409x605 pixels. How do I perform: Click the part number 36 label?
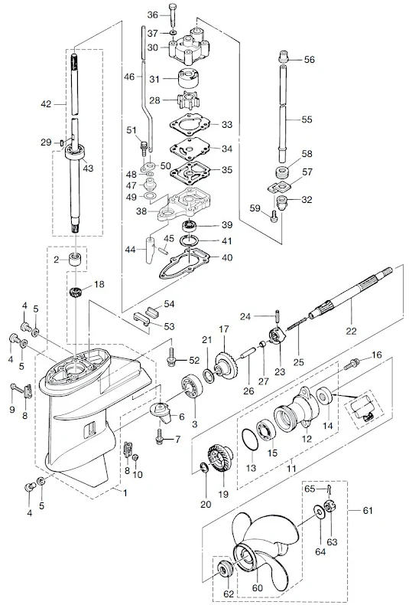pyautogui.click(x=153, y=15)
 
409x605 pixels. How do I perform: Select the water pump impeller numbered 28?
pyautogui.click(x=187, y=100)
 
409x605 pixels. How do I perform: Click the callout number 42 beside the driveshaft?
pyautogui.click(x=46, y=104)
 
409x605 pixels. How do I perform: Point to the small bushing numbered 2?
pyautogui.click(x=76, y=260)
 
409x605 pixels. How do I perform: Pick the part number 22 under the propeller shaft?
pyautogui.click(x=351, y=331)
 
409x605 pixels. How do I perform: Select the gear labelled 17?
pyautogui.click(x=225, y=361)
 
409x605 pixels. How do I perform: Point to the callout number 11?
pyautogui.click(x=291, y=469)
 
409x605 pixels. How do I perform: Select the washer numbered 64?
pyautogui.click(x=319, y=511)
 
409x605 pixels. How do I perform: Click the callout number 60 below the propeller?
pyautogui.click(x=257, y=587)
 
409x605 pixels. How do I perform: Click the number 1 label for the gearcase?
pyautogui.click(x=125, y=492)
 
